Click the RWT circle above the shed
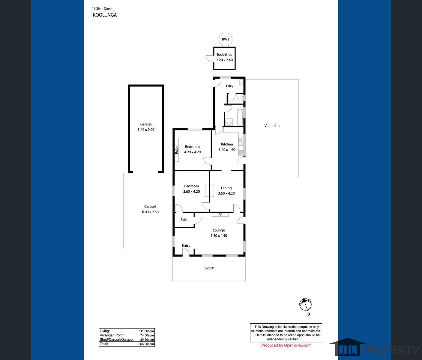tap(226, 39)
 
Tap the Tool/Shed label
tap(224, 55)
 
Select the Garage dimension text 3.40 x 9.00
tap(146, 130)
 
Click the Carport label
tap(150, 206)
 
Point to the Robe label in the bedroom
tap(177, 150)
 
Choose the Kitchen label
tap(227, 144)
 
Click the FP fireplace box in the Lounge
tap(220, 215)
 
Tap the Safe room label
tap(184, 220)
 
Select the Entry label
tap(186, 245)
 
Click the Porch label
tap(210, 268)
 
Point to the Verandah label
tap(272, 126)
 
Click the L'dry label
tap(229, 86)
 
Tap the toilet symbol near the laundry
tap(240, 98)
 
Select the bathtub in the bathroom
tap(240, 118)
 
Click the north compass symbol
tap(305, 305)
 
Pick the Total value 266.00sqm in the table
tap(147, 344)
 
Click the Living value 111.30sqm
tap(146, 331)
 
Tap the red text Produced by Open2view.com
tap(286, 345)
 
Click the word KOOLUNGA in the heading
tap(105, 15)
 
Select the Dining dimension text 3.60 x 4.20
tap(226, 193)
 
